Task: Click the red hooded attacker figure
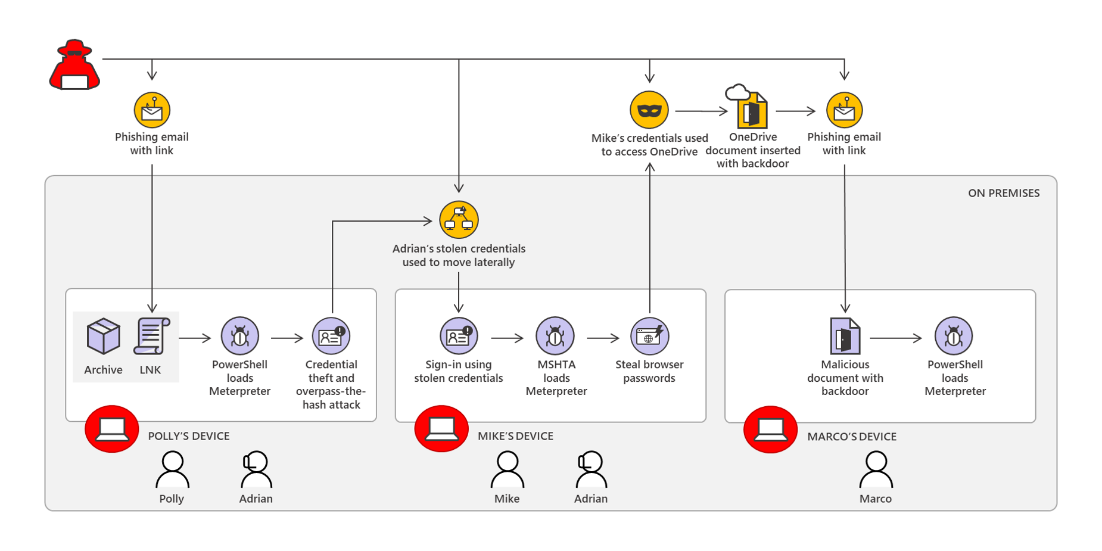[x=74, y=66]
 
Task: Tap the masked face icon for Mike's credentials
[x=649, y=110]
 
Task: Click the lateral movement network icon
[x=459, y=220]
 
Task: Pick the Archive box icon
[x=103, y=337]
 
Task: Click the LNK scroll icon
[x=151, y=337]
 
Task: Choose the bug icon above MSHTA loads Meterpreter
[x=555, y=337]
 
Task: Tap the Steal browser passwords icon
[x=649, y=337]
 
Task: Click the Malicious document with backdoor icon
[x=845, y=337]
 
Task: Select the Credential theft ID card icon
[x=331, y=337]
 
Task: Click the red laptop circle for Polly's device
[x=112, y=429]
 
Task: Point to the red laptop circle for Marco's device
[x=770, y=429]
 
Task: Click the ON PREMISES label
[x=1003, y=193]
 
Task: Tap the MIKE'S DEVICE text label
[x=515, y=436]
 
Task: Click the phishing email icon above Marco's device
[x=844, y=110]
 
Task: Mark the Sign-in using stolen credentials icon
[x=459, y=337]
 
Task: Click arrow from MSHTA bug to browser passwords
[x=603, y=338]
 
